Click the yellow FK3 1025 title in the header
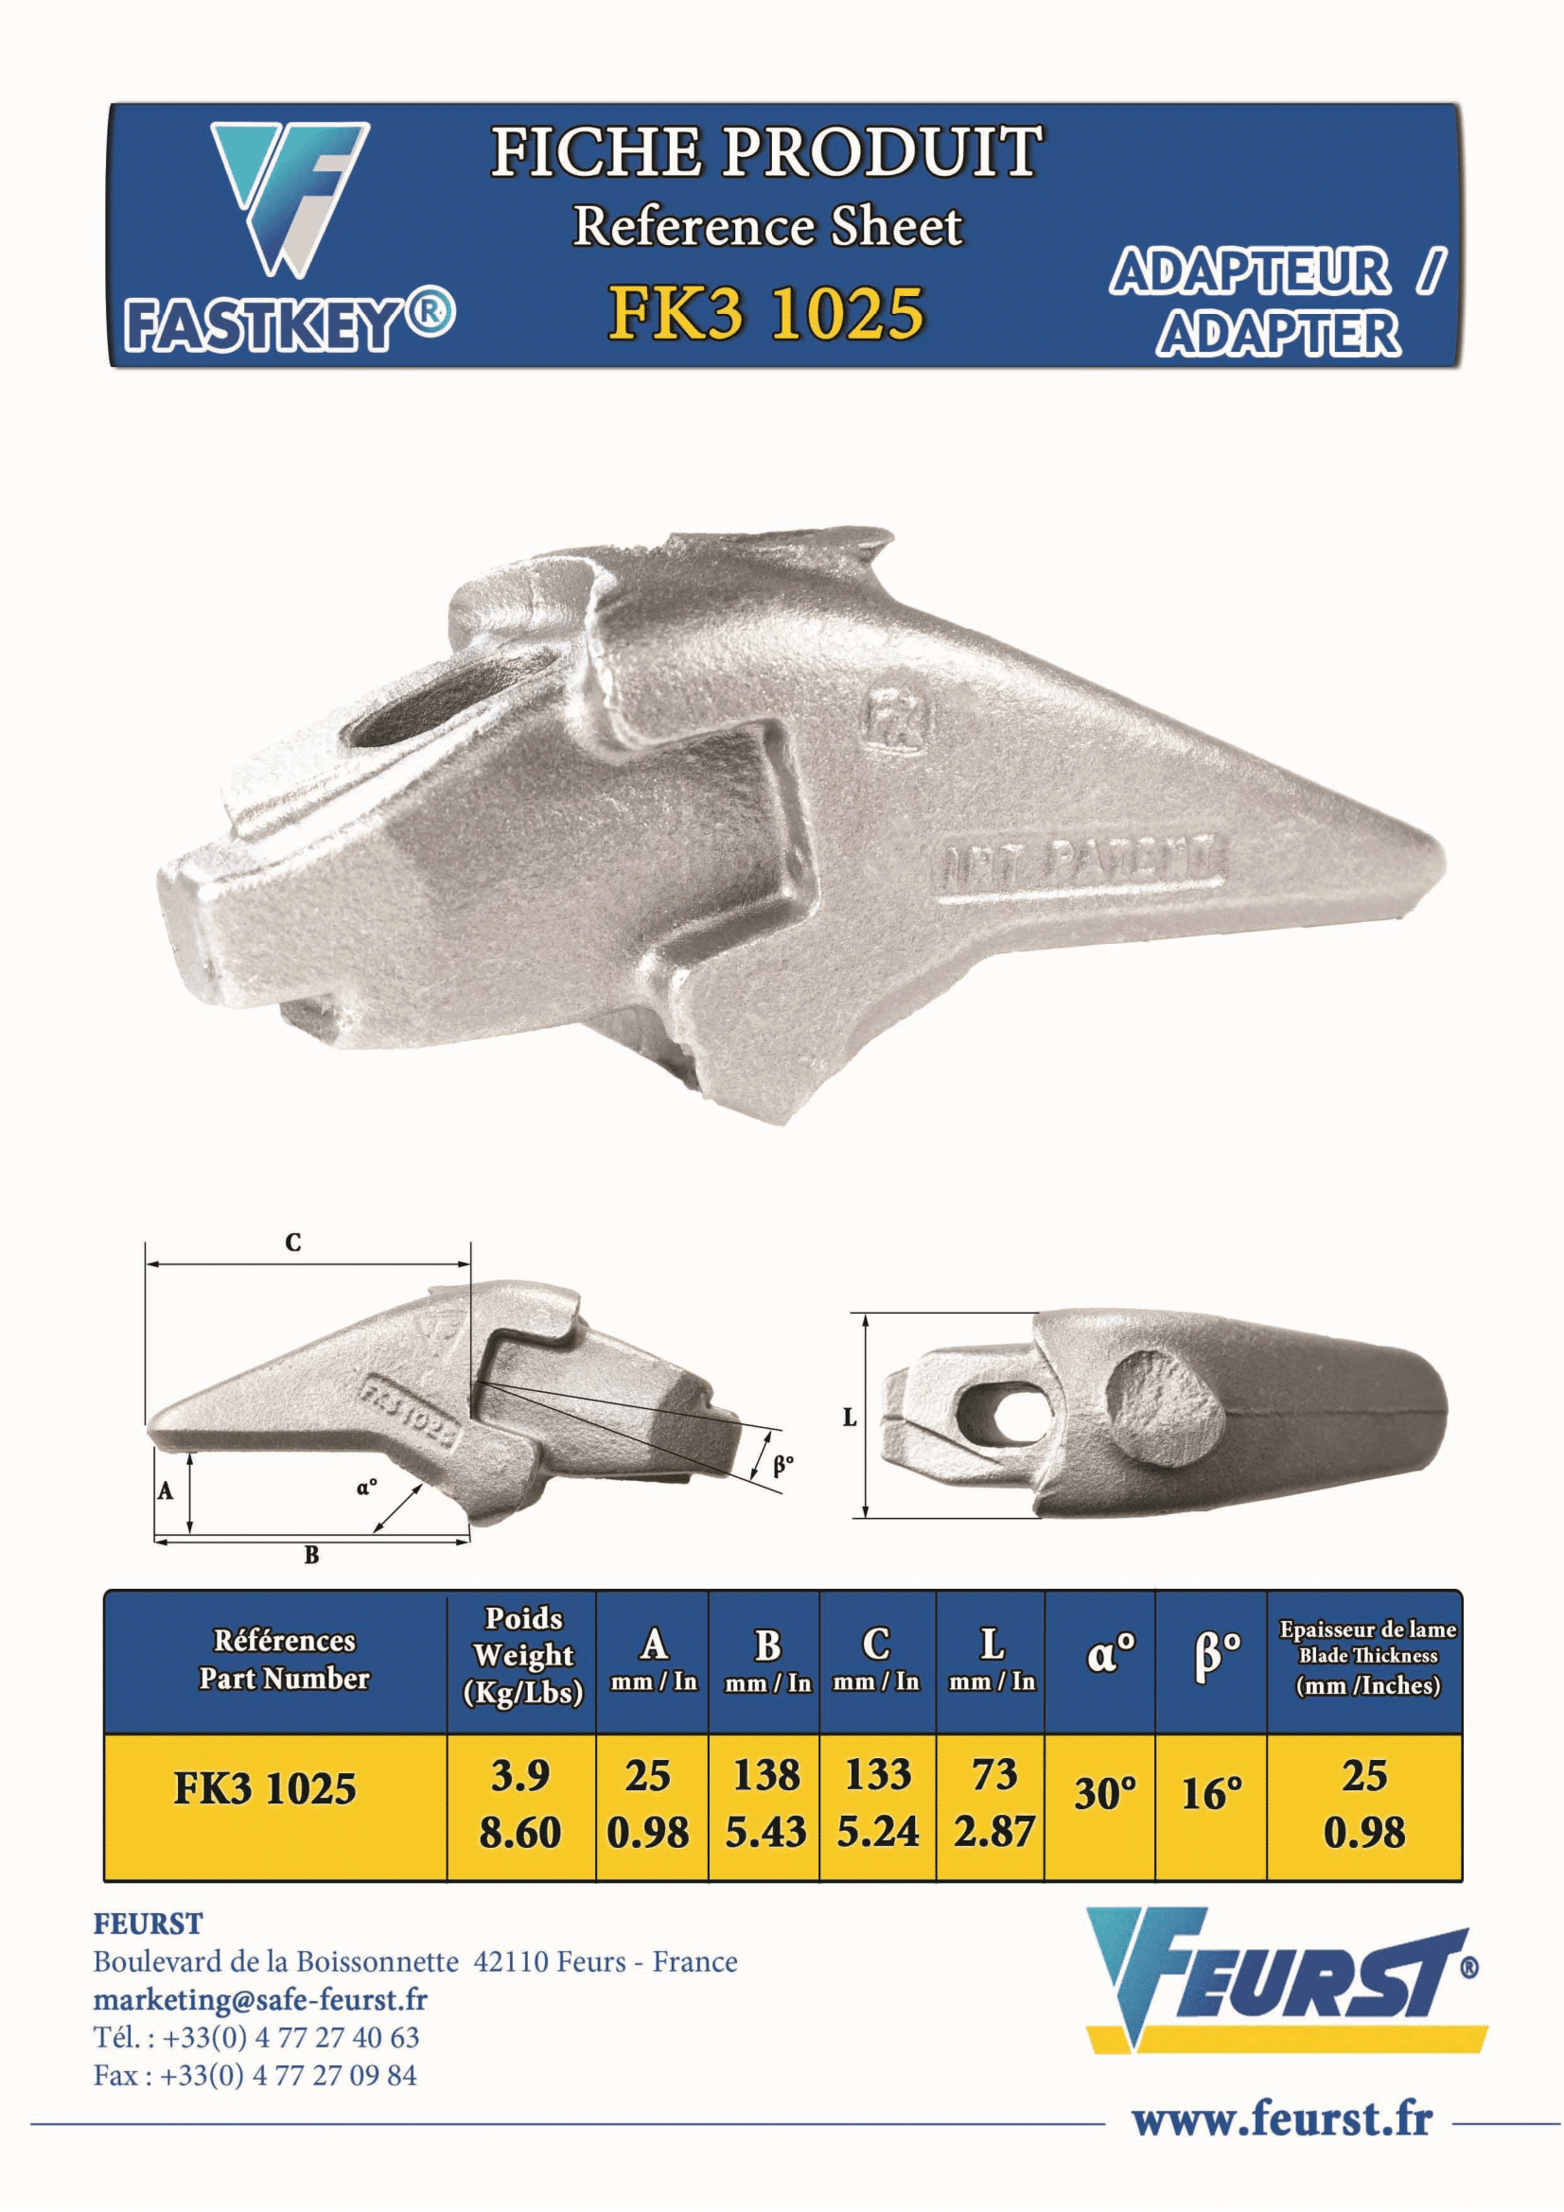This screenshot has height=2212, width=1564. pos(766,314)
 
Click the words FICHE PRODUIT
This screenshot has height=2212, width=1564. pos(766,151)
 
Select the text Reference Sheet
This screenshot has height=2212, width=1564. pos(767,227)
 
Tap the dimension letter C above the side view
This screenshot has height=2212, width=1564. pos(293,1243)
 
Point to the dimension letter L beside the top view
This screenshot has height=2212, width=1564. pos(850,1418)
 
